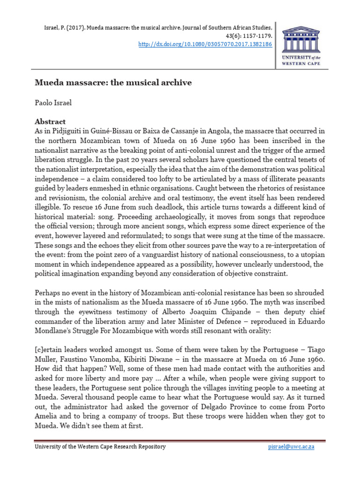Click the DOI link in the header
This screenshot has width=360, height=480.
click(x=206, y=45)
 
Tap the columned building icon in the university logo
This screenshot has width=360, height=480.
click(x=300, y=39)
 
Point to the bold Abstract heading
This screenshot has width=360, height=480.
click(x=50, y=121)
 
